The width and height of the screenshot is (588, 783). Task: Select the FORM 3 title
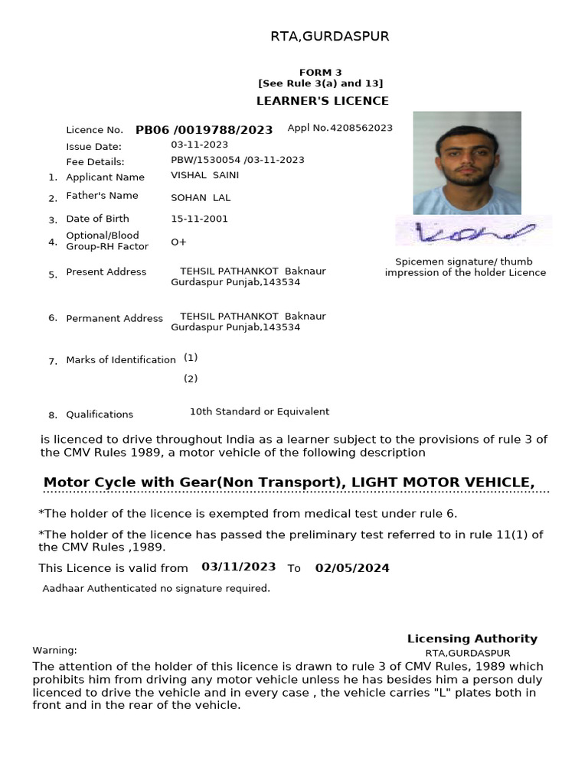[x=321, y=73]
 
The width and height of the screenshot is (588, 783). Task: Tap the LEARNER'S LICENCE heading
[x=322, y=101]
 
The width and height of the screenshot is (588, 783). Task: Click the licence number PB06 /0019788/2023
[x=204, y=130]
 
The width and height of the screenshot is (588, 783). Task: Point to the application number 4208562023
[x=361, y=128]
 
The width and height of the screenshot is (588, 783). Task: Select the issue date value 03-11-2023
[x=199, y=145]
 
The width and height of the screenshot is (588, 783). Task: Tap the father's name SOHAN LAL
[x=201, y=198]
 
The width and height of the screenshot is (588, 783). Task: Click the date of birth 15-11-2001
[x=199, y=219]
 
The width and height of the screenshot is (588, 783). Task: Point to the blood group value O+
[x=178, y=242]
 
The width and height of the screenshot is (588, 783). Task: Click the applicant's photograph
[x=467, y=163]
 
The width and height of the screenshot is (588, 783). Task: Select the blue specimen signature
[x=473, y=232]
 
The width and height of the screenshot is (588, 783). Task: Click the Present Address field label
[x=106, y=272]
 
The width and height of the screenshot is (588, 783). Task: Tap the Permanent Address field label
[x=115, y=318]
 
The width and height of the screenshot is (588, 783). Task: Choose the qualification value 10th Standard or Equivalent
[x=260, y=411]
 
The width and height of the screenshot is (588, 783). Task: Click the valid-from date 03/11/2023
[x=239, y=567]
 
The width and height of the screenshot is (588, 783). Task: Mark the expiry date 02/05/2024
[x=352, y=568]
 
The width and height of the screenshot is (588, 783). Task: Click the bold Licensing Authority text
[x=472, y=638]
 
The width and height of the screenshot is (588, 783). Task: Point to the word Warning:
[x=54, y=651]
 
